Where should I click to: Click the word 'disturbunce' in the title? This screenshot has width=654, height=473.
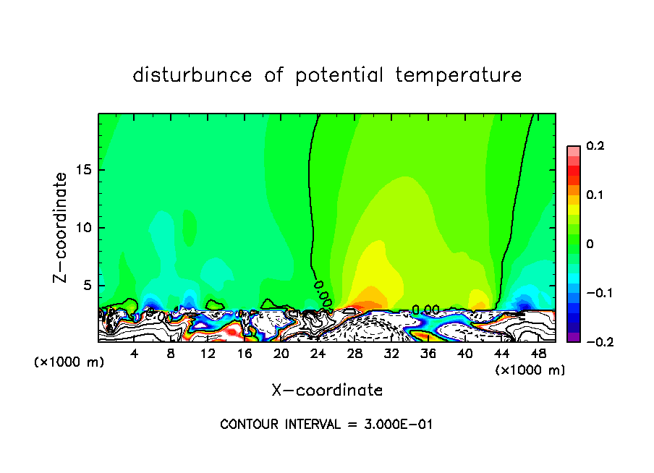pyautogui.click(x=192, y=75)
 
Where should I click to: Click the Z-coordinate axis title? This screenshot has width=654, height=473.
pyautogui.click(x=62, y=227)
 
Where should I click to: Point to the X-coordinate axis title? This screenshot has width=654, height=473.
pyautogui.click(x=327, y=391)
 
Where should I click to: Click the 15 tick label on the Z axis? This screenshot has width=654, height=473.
pyautogui.click(x=84, y=171)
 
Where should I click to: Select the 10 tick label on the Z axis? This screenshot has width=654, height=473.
pyautogui.click(x=84, y=228)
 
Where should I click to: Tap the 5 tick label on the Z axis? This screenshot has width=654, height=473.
pyautogui.click(x=88, y=286)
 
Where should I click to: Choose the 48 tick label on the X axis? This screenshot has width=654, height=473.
pyautogui.click(x=538, y=354)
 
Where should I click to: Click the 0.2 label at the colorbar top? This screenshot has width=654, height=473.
pyautogui.click(x=595, y=146)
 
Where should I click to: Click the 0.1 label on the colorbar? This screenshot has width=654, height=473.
pyautogui.click(x=595, y=195)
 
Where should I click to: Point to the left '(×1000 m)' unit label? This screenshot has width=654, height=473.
pyautogui.click(x=69, y=362)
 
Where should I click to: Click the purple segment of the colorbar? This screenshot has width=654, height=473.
pyautogui.click(x=574, y=337)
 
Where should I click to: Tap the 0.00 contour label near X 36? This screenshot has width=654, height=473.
pyautogui.click(x=426, y=310)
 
